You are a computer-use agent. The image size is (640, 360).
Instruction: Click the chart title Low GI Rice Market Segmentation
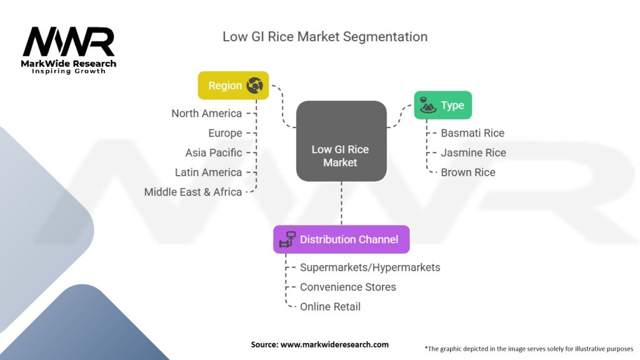pyautogui.click(x=325, y=37)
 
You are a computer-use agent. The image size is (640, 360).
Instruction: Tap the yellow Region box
pyautogui.click(x=233, y=86)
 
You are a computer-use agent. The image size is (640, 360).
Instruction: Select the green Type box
pyautogui.click(x=442, y=105)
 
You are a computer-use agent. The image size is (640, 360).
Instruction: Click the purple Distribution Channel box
pyautogui.click(x=341, y=239)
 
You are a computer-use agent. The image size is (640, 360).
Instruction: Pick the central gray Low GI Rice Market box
pyautogui.click(x=341, y=141)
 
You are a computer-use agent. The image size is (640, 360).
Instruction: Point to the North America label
pyautogui.click(x=206, y=113)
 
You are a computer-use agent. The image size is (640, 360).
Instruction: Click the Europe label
pyautogui.click(x=225, y=133)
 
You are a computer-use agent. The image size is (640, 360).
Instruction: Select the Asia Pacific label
pyautogui.click(x=213, y=152)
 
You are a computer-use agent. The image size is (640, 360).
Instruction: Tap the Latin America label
pyautogui.click(x=208, y=172)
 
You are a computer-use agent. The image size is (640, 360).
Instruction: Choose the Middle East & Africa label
pyautogui.click(x=192, y=192)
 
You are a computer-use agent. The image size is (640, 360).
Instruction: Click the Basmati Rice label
pyautogui.click(x=472, y=133)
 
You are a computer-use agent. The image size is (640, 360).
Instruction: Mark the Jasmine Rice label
pyautogui.click(x=473, y=152)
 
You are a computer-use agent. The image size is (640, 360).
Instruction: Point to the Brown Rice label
pyautogui.click(x=467, y=172)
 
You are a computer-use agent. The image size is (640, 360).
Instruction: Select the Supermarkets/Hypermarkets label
pyautogui.click(x=370, y=267)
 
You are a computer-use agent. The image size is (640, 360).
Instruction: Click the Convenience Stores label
pyautogui.click(x=347, y=287)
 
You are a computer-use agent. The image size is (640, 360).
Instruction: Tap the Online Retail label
pyautogui.click(x=330, y=307)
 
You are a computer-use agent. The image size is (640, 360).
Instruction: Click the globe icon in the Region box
pyautogui.click(x=254, y=86)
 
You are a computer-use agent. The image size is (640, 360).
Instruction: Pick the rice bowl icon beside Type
pyautogui.click(x=427, y=105)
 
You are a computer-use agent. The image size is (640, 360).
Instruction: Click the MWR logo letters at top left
pyautogui.click(x=69, y=42)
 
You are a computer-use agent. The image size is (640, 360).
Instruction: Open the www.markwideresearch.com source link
pyautogui.click(x=334, y=344)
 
